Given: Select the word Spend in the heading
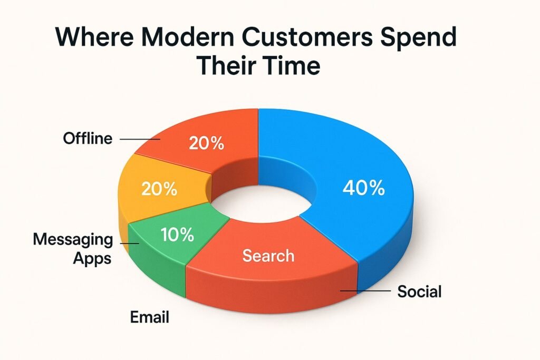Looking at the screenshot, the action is pyautogui.click(x=418, y=38).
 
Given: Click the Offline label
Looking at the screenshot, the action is pyautogui.click(x=88, y=138).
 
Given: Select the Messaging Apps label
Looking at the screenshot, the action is pyautogui.click(x=73, y=248).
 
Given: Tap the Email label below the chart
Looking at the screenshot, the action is pyautogui.click(x=149, y=317).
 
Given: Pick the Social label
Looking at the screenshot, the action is pyautogui.click(x=419, y=291).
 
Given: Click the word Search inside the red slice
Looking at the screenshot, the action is pyautogui.click(x=268, y=255).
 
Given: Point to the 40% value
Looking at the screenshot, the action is pyautogui.click(x=364, y=188).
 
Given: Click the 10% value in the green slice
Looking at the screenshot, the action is pyautogui.click(x=177, y=235).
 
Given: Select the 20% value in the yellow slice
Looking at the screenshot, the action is pyautogui.click(x=159, y=189).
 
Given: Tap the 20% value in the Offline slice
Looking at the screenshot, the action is pyautogui.click(x=207, y=143).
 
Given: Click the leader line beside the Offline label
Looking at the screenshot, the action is pyautogui.click(x=140, y=139).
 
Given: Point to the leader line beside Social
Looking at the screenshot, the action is pyautogui.click(x=365, y=291).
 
